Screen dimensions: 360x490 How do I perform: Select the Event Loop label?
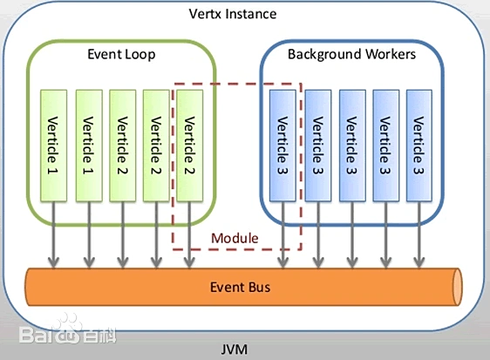pos(121,54)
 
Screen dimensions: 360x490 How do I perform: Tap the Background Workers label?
pos(351,54)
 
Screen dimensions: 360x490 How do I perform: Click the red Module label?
pos(235,238)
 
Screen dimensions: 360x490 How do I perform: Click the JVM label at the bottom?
pos(235,350)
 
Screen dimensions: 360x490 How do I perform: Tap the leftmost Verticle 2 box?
pos(122,144)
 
